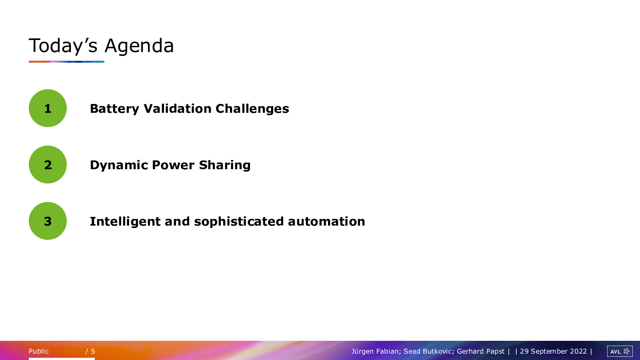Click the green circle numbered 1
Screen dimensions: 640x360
coord(48,108)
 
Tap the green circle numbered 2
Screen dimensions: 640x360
coord(48,164)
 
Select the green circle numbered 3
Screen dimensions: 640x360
coord(48,221)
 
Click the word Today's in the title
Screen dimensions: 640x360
coord(63,46)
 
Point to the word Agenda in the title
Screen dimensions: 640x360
coord(139,46)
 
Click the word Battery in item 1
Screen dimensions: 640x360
coord(114,109)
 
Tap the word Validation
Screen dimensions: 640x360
coord(178,108)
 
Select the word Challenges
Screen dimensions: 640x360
coord(252,109)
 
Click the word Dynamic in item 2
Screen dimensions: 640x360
coord(119,165)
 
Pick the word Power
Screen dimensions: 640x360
coord(173,165)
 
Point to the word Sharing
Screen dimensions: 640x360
coord(225,165)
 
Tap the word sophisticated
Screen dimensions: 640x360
coord(239,222)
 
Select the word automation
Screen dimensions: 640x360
coord(326,222)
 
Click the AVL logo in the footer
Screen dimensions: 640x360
coord(620,351)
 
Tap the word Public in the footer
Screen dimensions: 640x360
coord(39,351)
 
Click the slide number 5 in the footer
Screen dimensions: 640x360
coord(93,351)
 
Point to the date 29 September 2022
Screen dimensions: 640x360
coord(553,351)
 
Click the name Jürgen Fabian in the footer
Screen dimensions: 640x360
coord(376,351)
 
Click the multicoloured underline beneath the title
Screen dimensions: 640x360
coord(66,62)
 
